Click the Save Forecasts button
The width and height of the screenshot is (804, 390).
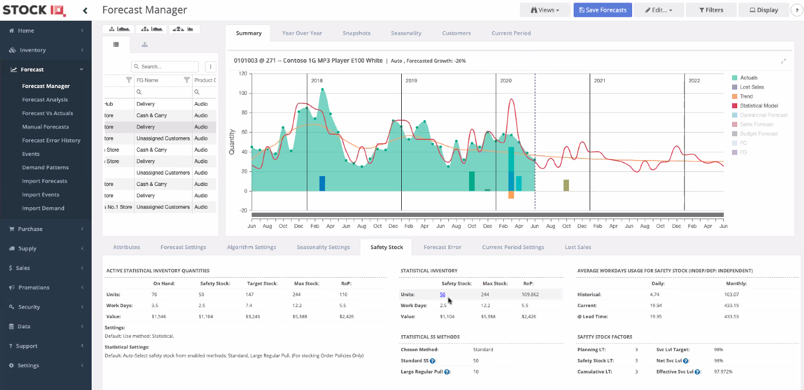[603, 10]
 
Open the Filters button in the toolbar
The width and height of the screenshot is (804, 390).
[711, 10]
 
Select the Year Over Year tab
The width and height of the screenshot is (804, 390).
[302, 33]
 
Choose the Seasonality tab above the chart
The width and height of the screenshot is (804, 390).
[406, 33]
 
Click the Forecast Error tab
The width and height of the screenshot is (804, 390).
[442, 247]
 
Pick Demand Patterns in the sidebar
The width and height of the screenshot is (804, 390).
[45, 167]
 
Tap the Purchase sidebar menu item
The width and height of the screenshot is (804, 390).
[30, 229]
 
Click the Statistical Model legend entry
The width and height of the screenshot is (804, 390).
[758, 106]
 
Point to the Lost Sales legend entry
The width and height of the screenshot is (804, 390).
[752, 87]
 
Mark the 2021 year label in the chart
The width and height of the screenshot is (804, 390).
[600, 81]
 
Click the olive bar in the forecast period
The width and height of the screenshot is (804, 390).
[566, 185]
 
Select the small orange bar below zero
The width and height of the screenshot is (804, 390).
[511, 195]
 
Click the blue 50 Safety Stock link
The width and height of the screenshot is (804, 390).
[443, 294]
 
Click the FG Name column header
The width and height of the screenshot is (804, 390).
[148, 80]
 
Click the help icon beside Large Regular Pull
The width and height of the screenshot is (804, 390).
[447, 372]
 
